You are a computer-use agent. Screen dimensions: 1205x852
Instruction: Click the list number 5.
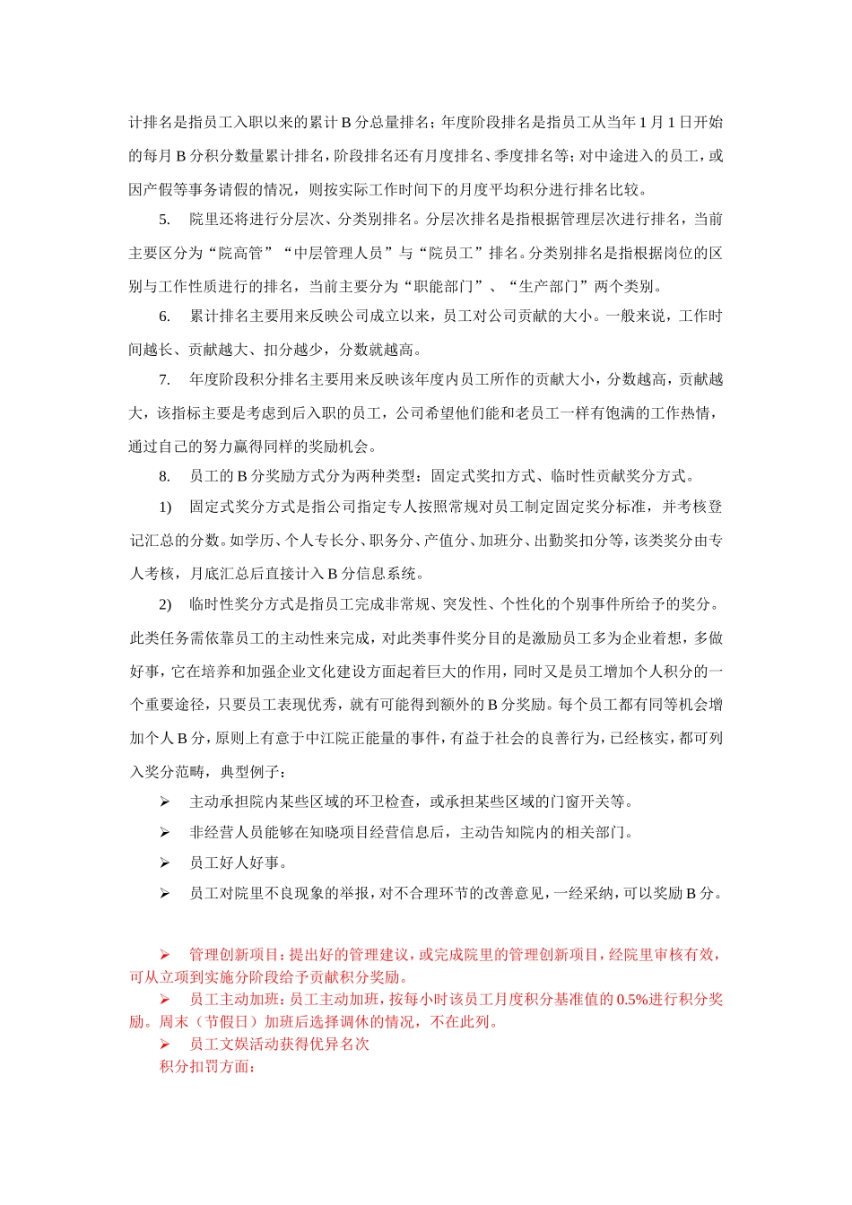164,220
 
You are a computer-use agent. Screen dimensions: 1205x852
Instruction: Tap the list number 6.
164,316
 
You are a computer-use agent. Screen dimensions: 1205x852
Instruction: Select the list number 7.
164,380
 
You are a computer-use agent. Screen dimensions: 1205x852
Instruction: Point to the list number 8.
164,477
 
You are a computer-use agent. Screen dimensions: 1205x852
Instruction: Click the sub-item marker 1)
165,507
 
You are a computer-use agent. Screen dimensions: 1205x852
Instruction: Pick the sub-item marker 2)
165,604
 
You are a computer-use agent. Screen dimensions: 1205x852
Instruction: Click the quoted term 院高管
241,254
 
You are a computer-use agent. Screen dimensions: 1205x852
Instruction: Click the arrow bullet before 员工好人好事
165,863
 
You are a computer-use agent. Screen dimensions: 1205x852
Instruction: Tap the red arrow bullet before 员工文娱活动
165,1045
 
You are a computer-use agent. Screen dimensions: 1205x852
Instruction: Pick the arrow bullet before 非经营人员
165,833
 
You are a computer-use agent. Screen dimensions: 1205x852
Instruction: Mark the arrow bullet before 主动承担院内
165,802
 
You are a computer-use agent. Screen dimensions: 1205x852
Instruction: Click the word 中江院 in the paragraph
317,739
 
